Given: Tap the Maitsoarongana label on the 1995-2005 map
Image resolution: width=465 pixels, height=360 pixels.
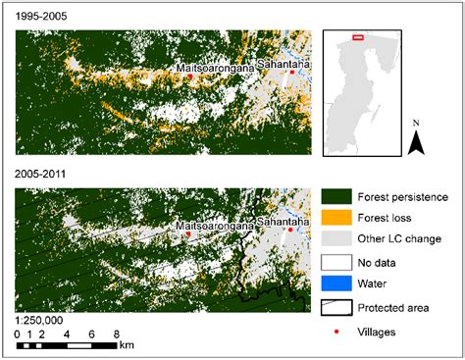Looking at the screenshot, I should pyautogui.click(x=214, y=67).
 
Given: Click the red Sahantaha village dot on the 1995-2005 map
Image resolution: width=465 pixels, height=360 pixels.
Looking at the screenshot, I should pyautogui.click(x=292, y=75).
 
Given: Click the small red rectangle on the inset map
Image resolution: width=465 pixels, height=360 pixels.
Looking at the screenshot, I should pyautogui.click(x=358, y=37).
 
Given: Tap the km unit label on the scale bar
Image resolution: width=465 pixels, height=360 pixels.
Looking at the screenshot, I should pyautogui.click(x=127, y=345).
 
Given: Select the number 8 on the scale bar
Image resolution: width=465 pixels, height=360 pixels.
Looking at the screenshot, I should pyautogui.click(x=116, y=334).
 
